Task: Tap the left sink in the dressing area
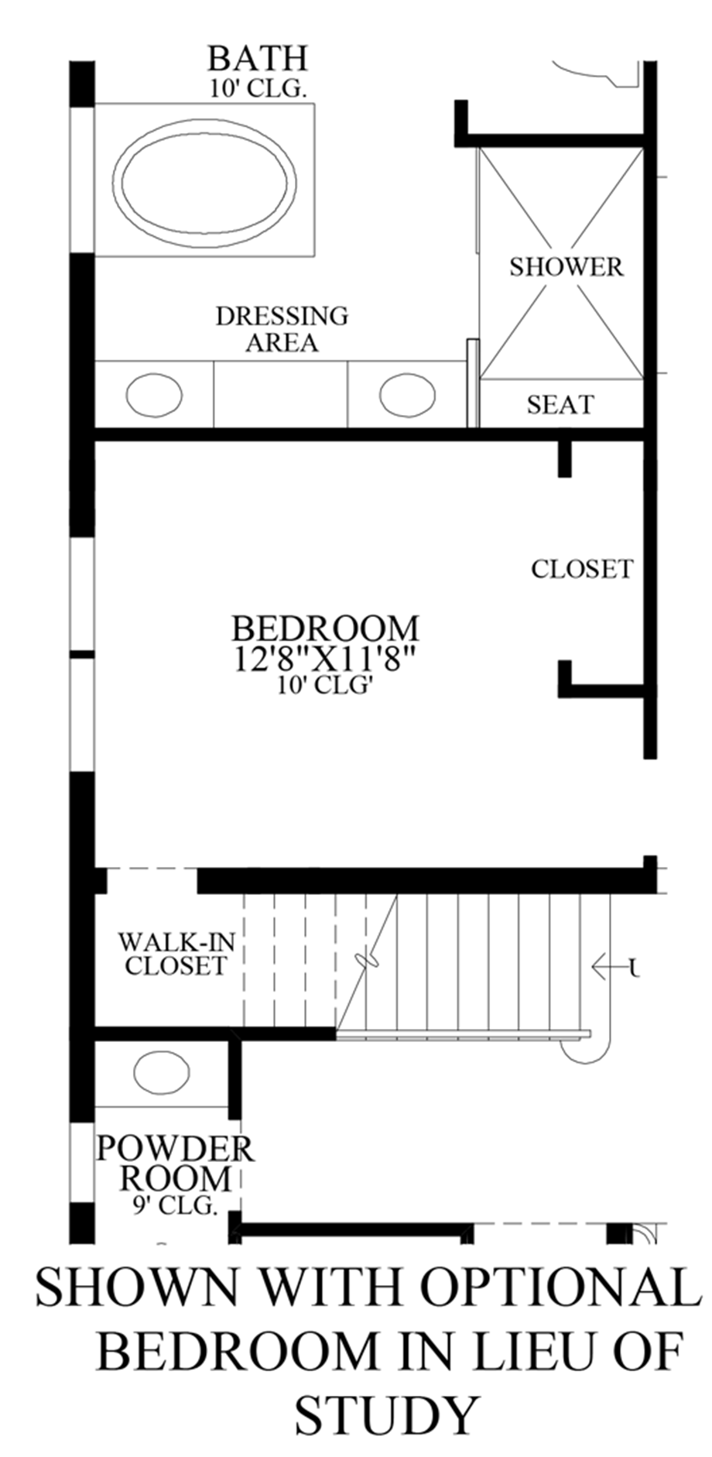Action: pyautogui.click(x=154, y=395)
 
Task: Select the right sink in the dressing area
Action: pyautogui.click(x=408, y=395)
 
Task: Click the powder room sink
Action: pyautogui.click(x=161, y=1072)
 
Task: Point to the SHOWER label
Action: pyautogui.click(x=566, y=267)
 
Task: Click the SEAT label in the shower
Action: pyautogui.click(x=560, y=404)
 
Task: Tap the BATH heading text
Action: pyautogui.click(x=258, y=59)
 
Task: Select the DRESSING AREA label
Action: pyautogui.click(x=282, y=329)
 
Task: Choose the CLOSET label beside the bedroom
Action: pyautogui.click(x=581, y=569)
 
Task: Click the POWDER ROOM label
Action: pyautogui.click(x=175, y=1164)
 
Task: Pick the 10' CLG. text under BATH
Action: pyautogui.click(x=258, y=88)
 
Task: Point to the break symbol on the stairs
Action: pyautogui.click(x=365, y=961)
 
